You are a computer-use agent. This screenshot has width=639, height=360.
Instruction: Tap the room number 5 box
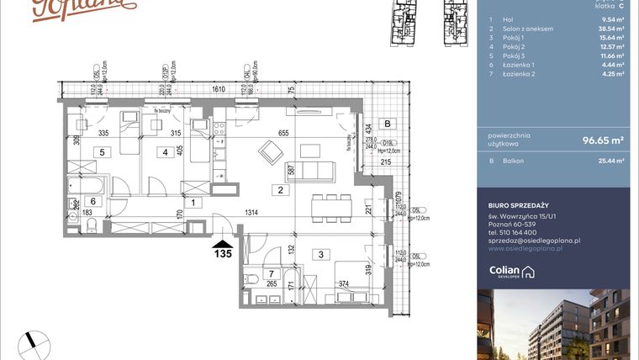pos(101,152)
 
